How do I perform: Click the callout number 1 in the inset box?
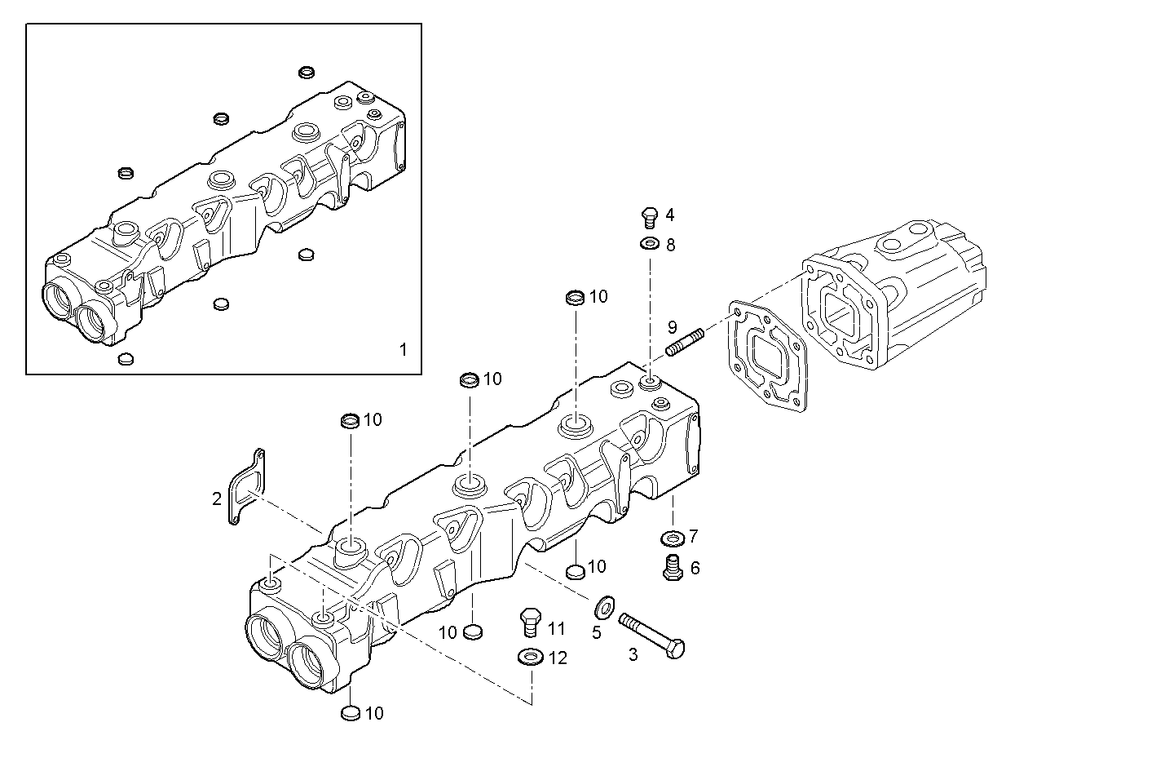pyautogui.click(x=403, y=350)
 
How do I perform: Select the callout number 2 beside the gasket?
pyautogui.click(x=217, y=498)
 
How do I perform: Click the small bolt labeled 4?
pyautogui.click(x=649, y=216)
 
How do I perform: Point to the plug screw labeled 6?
pyautogui.click(x=672, y=568)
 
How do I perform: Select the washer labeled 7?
pyautogui.click(x=672, y=538)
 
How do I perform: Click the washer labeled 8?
pyautogui.click(x=650, y=244)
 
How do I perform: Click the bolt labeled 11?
pyautogui.click(x=530, y=623)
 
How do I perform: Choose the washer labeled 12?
pyautogui.click(x=530, y=656)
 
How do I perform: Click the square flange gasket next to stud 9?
pyautogui.click(x=766, y=358)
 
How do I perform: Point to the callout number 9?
pyautogui.click(x=672, y=327)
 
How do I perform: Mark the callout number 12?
pyautogui.click(x=558, y=658)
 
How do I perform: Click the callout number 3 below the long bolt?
pyautogui.click(x=633, y=654)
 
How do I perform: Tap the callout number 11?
pyautogui.click(x=556, y=628)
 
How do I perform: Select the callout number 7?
pyautogui.click(x=694, y=536)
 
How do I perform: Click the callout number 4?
pyautogui.click(x=669, y=215)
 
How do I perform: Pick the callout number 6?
pyautogui.click(x=695, y=568)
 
